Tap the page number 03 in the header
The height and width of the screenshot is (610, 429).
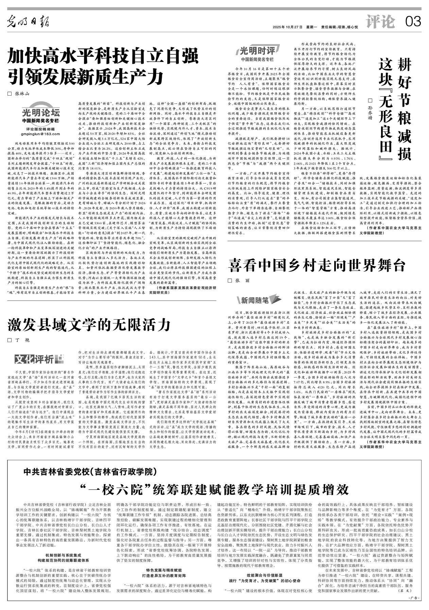[413, 22]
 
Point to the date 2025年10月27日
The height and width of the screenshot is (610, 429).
[287, 27]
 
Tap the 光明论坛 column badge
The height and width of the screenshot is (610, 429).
[41, 113]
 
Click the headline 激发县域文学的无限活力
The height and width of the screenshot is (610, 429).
[89, 325]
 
